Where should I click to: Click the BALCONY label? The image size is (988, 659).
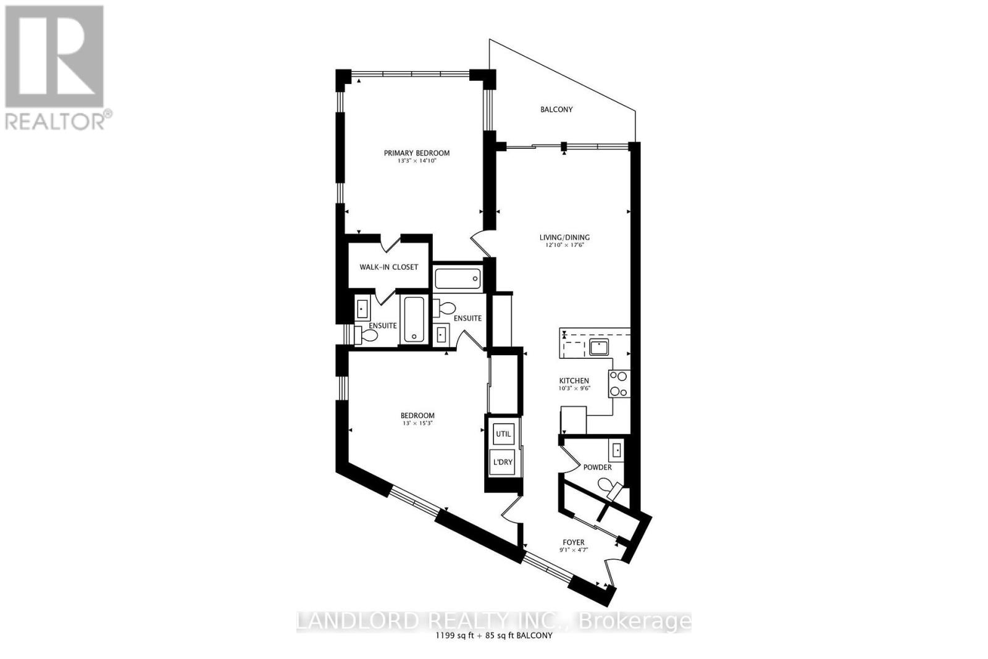tap(556, 109)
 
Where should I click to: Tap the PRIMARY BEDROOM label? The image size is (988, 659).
tap(417, 153)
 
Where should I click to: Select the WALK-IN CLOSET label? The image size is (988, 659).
tap(389, 267)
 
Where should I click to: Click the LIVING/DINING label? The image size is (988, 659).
tap(564, 237)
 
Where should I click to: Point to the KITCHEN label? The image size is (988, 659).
tap(574, 380)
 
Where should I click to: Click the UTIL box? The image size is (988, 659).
tap(503, 434)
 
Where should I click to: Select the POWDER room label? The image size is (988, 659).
tap(597, 468)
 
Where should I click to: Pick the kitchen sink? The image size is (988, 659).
tap(598, 347)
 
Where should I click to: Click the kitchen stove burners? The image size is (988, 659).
tap(619, 383)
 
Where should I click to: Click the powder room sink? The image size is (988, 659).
tap(616, 450)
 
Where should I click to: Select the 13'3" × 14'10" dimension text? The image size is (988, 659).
tap(417, 161)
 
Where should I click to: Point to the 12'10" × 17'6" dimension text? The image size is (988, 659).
tap(564, 245)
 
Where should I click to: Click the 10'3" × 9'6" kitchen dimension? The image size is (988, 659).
tap(574, 388)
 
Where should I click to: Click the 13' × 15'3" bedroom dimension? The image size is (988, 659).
tap(417, 423)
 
